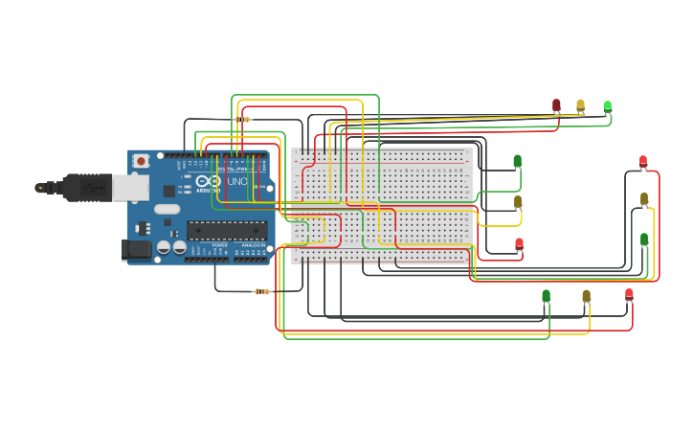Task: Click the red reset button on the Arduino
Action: [141, 161]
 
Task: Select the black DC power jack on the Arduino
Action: [135, 250]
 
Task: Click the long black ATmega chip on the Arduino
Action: [226, 229]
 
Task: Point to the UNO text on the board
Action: [236, 181]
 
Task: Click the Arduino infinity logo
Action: [208, 181]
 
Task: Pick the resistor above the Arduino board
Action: [242, 120]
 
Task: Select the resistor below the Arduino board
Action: [261, 291]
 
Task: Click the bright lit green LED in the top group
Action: [607, 106]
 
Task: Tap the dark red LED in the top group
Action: [556, 104]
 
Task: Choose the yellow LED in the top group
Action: [580, 104]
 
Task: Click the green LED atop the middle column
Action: [517, 161]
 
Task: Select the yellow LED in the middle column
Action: [518, 201]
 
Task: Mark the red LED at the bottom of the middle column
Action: [519, 243]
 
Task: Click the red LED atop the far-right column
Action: [642, 161]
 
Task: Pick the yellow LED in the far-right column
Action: [644, 198]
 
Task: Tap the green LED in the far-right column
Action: [644, 239]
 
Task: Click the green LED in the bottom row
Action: [546, 296]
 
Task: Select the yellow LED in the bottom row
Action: [586, 296]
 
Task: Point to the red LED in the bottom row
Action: [629, 294]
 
